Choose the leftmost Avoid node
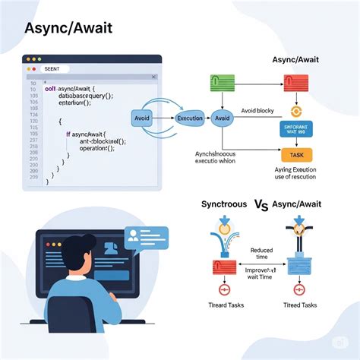click(x=143, y=119)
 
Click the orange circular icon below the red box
click(x=298, y=106)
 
